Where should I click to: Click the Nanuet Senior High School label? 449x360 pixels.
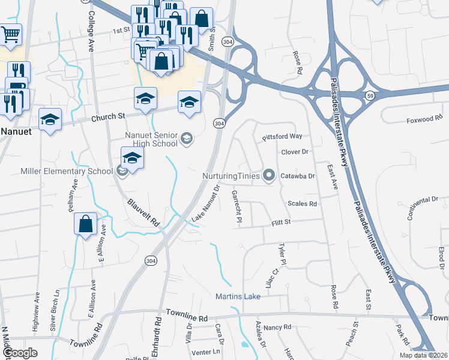[151, 139]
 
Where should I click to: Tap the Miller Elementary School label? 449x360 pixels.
[67, 171]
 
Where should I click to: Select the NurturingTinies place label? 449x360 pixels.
[230, 176]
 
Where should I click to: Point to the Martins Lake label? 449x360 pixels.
[238, 296]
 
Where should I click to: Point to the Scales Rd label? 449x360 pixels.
[302, 204]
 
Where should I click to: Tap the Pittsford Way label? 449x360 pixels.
[282, 137]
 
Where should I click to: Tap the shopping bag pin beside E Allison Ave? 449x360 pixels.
[86, 224]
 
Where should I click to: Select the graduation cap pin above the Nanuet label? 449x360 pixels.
[50, 119]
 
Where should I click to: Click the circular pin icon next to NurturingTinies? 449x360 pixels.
[269, 176]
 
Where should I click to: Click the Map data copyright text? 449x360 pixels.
[423, 355]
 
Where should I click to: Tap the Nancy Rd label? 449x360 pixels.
[277, 328]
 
